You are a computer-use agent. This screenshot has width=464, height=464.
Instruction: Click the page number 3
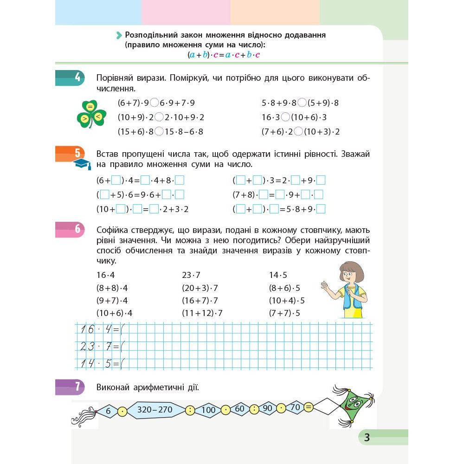point(367,437)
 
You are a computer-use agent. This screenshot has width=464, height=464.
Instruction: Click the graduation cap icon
point(83,164)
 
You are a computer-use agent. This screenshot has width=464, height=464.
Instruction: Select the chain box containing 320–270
point(155,410)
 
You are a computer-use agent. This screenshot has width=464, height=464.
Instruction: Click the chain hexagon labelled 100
point(208,410)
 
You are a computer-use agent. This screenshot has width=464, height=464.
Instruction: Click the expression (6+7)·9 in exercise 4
point(133,103)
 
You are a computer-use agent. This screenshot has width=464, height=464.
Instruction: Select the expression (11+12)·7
point(202,313)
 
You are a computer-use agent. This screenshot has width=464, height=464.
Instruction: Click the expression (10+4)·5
point(287,300)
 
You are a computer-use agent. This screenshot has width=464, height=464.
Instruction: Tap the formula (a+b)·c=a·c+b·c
point(224,55)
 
